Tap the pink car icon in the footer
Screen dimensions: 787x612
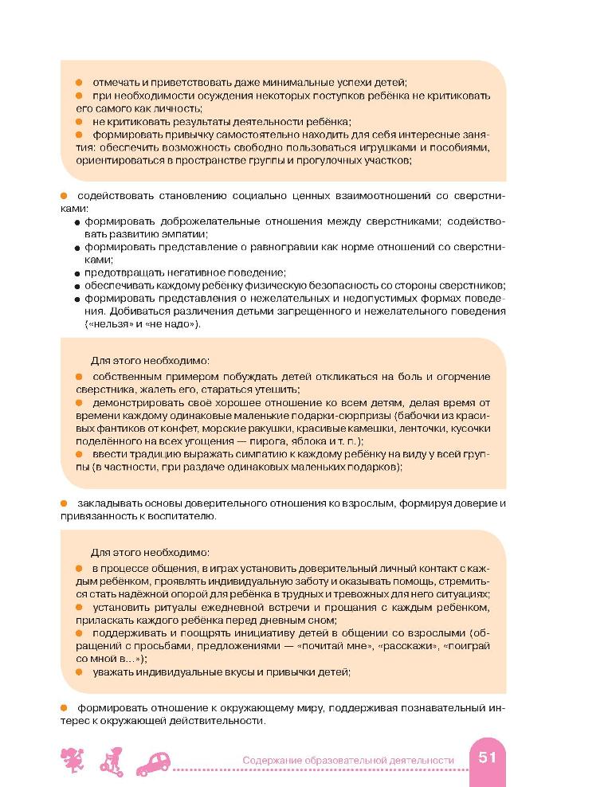[155, 763]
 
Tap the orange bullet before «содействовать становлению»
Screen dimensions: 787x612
[65, 195]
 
